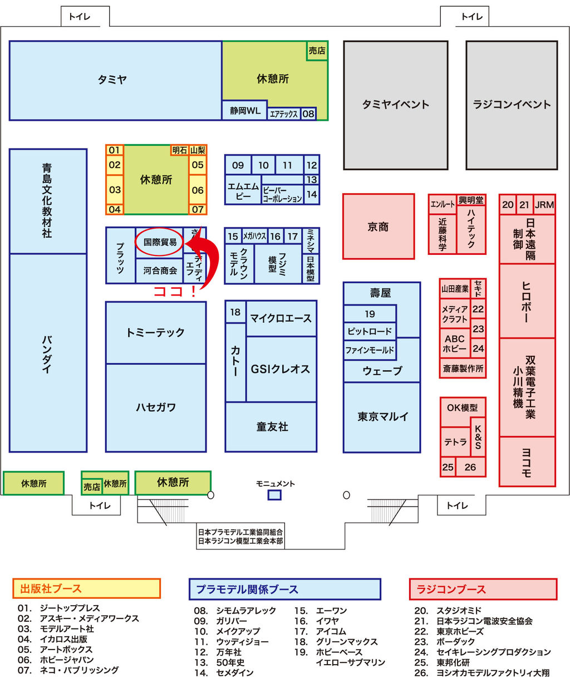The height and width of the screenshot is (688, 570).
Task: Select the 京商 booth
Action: click(x=379, y=227)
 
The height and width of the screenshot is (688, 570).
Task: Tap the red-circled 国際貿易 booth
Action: click(x=160, y=242)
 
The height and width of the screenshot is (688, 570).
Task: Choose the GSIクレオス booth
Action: click(x=281, y=368)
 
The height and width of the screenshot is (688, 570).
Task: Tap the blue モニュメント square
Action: click(x=274, y=494)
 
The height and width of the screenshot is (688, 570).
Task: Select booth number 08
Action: click(x=308, y=114)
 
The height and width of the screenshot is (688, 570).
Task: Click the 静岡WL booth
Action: click(x=245, y=110)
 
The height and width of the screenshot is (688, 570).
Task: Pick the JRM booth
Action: click(x=544, y=204)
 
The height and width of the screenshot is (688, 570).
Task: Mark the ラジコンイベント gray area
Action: click(x=512, y=105)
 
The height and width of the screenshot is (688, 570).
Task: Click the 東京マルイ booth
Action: click(x=382, y=416)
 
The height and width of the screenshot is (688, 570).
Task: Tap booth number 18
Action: click(x=235, y=312)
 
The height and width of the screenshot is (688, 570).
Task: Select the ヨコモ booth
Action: click(x=527, y=461)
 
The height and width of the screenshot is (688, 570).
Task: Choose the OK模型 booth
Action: click(x=462, y=407)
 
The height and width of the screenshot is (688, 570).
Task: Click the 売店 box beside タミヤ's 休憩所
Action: click(x=317, y=51)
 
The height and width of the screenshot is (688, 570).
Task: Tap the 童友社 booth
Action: click(x=272, y=426)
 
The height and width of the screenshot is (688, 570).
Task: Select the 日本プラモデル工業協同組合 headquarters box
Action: click(x=240, y=537)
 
